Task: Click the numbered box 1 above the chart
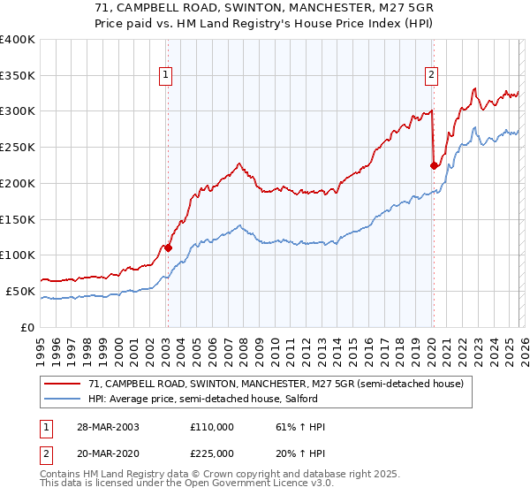(x=167, y=75)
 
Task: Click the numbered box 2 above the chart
(x=432, y=75)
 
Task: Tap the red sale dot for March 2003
(x=168, y=247)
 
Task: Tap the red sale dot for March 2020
(x=434, y=164)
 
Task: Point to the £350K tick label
(x=18, y=75)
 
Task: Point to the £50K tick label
(x=20, y=291)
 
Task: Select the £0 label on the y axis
(x=26, y=327)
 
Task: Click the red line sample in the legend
(x=63, y=384)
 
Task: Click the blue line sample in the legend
(x=63, y=399)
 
